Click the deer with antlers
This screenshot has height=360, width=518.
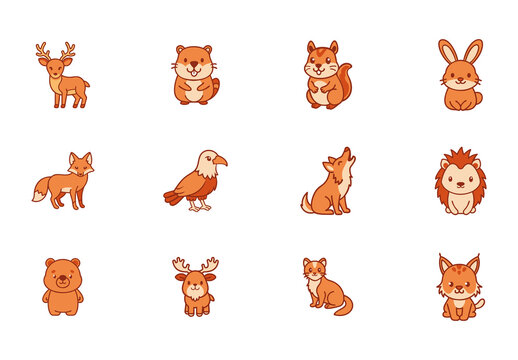[63, 78]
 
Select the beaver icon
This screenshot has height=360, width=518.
[194, 75]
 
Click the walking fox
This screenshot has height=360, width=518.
[66, 182]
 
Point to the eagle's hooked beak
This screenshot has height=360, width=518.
[221, 161]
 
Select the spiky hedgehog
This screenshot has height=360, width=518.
[460, 182]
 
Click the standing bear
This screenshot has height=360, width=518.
[63, 286]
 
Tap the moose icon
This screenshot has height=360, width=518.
[195, 286]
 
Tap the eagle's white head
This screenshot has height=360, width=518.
[207, 160]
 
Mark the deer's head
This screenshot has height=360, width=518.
[54, 61]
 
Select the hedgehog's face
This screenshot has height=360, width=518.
[460, 177]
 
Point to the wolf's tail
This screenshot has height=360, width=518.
[306, 204]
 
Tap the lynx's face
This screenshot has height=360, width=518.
[459, 279]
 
